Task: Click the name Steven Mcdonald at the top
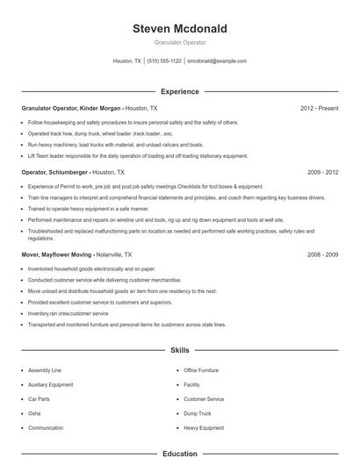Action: pos(179,29)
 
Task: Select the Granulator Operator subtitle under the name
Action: pos(179,42)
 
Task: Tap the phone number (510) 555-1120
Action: pos(164,61)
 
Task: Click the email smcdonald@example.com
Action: pos(218,61)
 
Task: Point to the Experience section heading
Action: pos(179,91)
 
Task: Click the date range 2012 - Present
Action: pos(319,108)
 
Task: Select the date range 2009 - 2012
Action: pos(322,173)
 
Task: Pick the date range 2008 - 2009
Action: pos(322,254)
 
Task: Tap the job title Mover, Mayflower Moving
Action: pos(55,254)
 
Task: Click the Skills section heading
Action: pos(179,350)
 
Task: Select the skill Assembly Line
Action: pos(45,370)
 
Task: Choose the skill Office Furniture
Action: pos(201,370)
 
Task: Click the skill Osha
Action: pos(34,413)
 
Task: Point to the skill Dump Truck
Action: pos(198,413)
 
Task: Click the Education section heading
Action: pos(179,454)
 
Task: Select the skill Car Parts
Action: pos(40,399)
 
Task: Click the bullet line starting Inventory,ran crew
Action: pos(68,313)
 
